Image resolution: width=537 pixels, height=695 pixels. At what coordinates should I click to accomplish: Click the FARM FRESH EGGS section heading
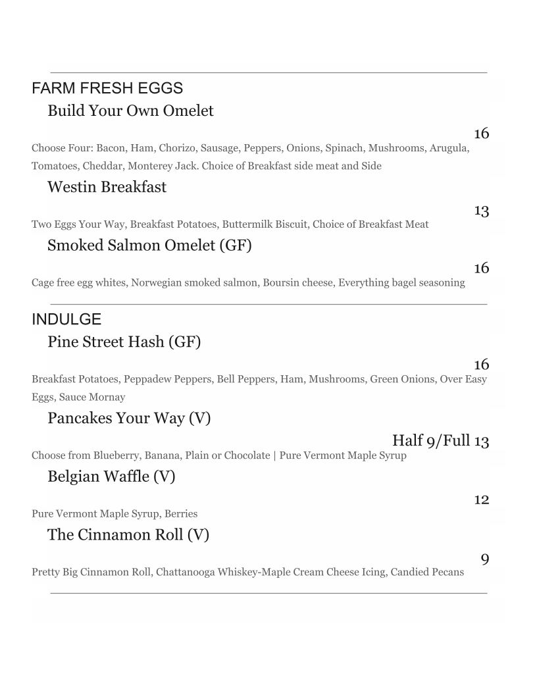pyautogui.click(x=107, y=88)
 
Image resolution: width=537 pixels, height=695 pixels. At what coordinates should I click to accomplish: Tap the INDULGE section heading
pyautogui.click(x=66, y=320)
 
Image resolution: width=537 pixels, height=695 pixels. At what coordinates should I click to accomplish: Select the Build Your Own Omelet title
pyautogui.click(x=130, y=111)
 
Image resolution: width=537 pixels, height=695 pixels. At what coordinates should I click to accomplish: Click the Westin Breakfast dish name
pyautogui.click(x=107, y=187)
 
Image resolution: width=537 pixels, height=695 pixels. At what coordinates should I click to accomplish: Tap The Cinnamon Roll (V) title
pyautogui.click(x=128, y=534)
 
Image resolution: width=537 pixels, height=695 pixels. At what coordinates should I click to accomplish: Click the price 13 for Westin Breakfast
pyautogui.click(x=481, y=211)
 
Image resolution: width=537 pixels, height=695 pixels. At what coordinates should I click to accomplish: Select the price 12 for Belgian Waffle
pyautogui.click(x=481, y=500)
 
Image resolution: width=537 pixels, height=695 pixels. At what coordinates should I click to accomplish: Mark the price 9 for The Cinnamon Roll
pyautogui.click(x=485, y=559)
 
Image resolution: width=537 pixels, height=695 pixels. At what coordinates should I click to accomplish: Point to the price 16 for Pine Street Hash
pyautogui.click(x=481, y=365)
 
